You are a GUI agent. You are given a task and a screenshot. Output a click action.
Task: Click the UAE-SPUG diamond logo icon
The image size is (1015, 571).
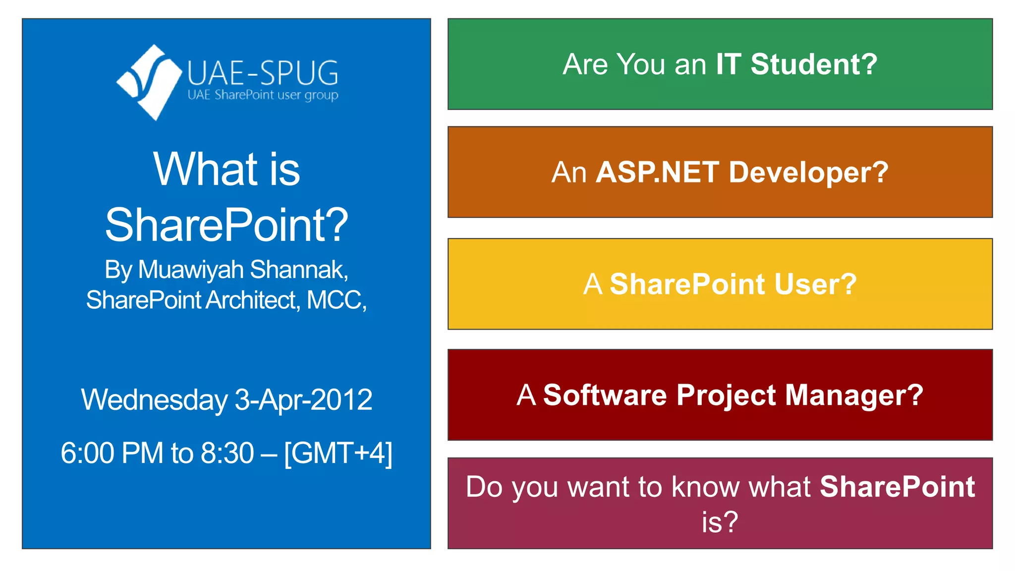(x=149, y=82)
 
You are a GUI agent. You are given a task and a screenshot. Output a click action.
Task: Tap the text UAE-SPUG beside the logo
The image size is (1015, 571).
(x=263, y=73)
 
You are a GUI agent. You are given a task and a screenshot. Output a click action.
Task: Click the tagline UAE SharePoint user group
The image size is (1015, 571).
(x=263, y=95)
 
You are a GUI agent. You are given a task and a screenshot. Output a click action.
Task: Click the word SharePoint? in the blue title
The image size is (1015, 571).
(x=226, y=226)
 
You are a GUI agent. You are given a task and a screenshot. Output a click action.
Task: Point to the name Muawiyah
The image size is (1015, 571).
(x=191, y=270)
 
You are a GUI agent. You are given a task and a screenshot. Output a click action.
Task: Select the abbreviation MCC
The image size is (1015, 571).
(x=335, y=300)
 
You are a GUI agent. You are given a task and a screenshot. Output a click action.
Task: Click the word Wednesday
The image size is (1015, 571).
(x=154, y=400)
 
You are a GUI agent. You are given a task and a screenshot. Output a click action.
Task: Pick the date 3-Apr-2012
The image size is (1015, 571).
(x=303, y=400)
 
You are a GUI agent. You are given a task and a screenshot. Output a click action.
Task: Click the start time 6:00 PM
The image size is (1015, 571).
(x=112, y=453)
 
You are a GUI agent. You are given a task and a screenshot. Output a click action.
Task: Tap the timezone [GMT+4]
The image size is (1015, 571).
(x=338, y=453)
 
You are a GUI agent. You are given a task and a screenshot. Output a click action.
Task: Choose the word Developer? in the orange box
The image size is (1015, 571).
(x=808, y=172)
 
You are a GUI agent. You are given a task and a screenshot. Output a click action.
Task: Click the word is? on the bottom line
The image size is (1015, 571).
(x=720, y=522)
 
